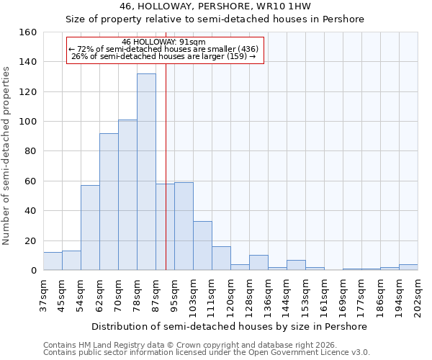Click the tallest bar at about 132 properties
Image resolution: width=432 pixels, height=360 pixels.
pos(146,172)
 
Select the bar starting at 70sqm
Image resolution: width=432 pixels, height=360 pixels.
pos(127,195)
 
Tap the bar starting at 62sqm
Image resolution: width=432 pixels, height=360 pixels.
pos(109,202)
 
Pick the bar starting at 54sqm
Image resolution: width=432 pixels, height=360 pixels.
pos(90,228)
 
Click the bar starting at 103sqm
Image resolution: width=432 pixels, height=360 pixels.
pos(202,246)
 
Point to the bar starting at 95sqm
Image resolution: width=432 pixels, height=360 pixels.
pos(184,226)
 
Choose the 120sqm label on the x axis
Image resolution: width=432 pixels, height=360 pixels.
pos(230,295)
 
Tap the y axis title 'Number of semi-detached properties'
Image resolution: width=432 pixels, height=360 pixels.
pos(6,151)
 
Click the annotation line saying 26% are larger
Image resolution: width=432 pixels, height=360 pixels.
pos(163,56)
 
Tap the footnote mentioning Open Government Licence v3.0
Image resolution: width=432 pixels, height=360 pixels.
pos(207,353)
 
